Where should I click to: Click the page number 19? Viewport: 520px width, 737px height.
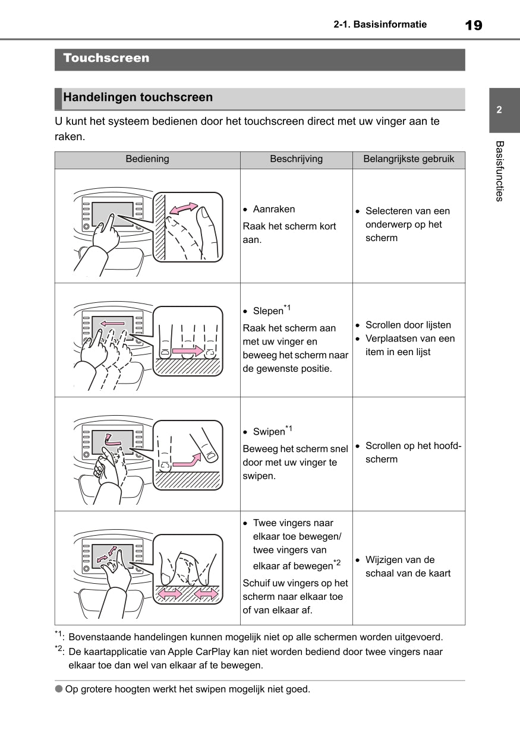pyautogui.click(x=473, y=25)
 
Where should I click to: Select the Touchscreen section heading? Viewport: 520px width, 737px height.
pyautogui.click(x=106, y=58)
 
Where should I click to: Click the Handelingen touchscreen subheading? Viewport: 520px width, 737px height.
pyautogui.click(x=138, y=97)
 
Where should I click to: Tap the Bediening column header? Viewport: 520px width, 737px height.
pyautogui.click(x=147, y=159)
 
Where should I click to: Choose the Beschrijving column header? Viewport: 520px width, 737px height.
pyautogui.click(x=296, y=159)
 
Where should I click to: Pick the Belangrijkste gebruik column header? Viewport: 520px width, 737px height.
pyautogui.click(x=408, y=159)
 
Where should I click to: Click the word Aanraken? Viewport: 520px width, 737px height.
pyautogui.click(x=273, y=209)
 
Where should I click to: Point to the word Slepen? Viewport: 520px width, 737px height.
pyautogui.click(x=268, y=311)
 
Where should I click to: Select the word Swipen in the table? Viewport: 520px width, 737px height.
pyautogui.click(x=269, y=432)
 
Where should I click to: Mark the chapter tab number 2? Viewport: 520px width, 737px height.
pyautogui.click(x=499, y=110)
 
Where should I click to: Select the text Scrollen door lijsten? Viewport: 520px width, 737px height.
pyautogui.click(x=408, y=325)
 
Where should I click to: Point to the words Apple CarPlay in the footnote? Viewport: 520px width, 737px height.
pyautogui.click(x=197, y=651)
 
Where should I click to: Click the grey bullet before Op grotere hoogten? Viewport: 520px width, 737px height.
pyautogui.click(x=58, y=689)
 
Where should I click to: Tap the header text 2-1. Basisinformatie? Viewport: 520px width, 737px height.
pyautogui.click(x=380, y=25)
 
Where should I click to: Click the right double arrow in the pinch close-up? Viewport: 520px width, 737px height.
pyautogui.click(x=206, y=593)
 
